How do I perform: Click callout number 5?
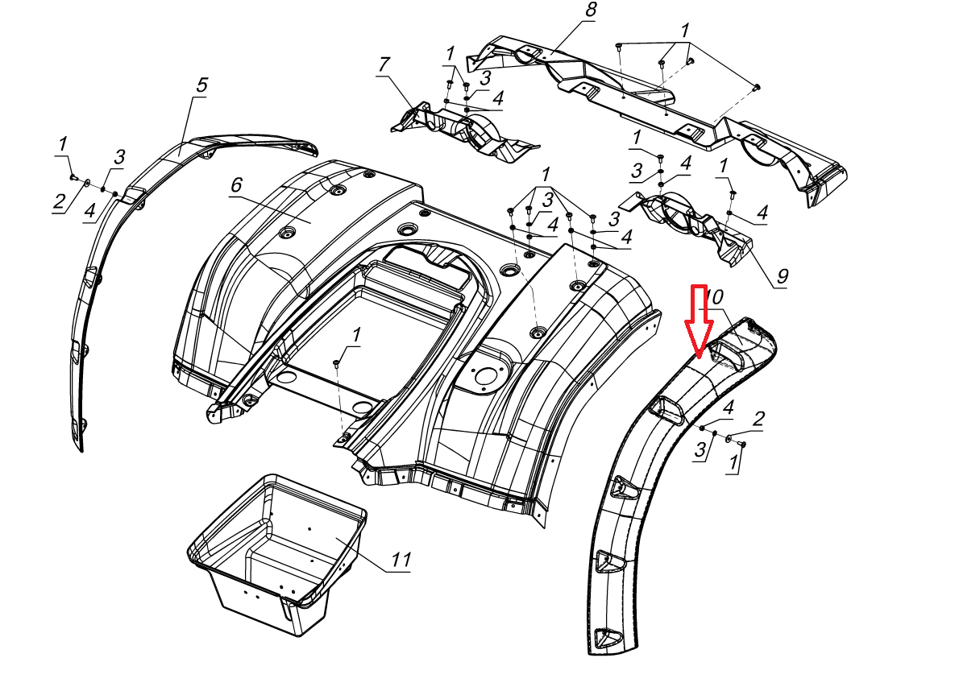201,85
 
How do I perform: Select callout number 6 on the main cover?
236,185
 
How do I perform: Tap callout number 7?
384,64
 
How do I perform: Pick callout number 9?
781,276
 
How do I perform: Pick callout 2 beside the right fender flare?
758,418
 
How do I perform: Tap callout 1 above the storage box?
356,333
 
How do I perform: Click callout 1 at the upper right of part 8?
685,31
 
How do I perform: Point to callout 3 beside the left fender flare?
119,156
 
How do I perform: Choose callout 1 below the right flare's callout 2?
733,463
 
